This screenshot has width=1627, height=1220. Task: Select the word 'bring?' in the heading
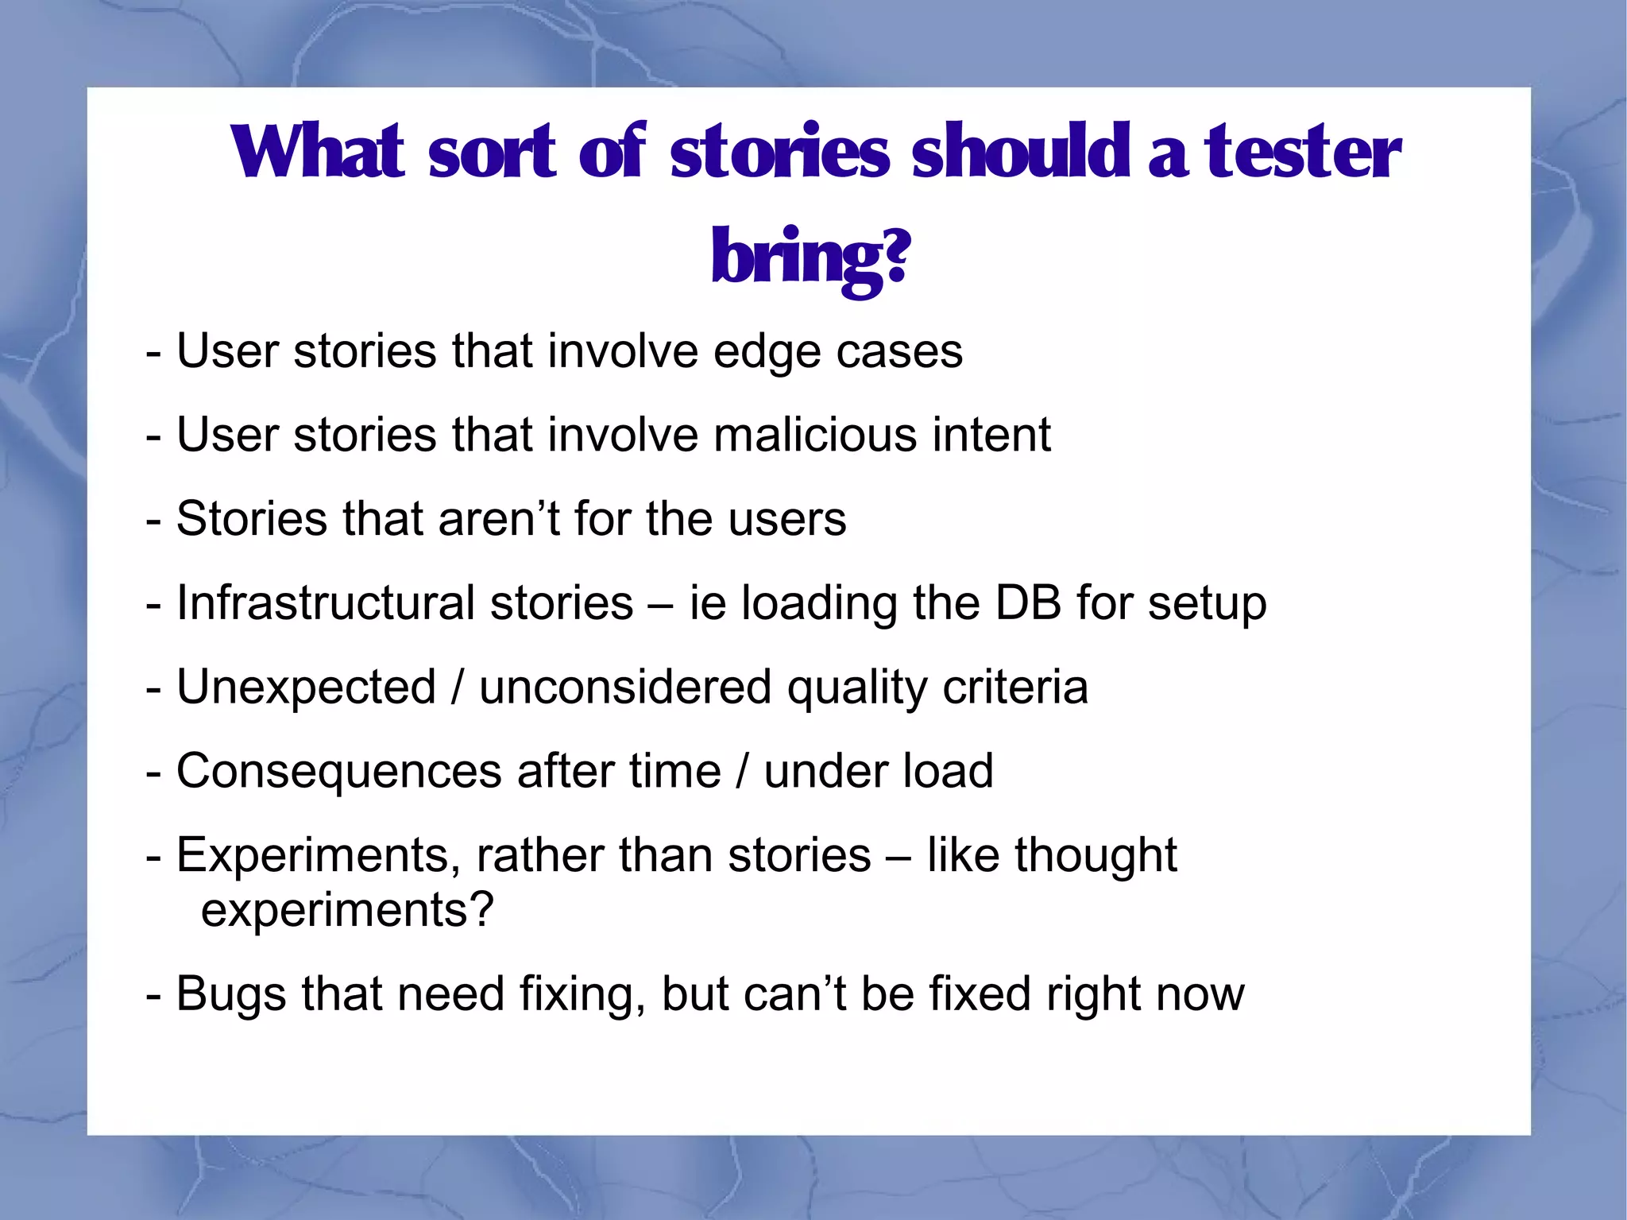click(x=810, y=256)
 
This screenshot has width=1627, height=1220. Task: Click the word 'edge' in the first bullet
click(x=766, y=351)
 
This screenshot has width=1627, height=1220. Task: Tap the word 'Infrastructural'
click(x=325, y=602)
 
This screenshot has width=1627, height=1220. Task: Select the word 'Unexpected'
click(x=306, y=687)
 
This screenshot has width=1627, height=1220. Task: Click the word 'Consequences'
click(x=338, y=771)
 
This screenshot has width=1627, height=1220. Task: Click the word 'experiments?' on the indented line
click(x=347, y=910)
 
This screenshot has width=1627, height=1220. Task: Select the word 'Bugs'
click(x=230, y=995)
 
